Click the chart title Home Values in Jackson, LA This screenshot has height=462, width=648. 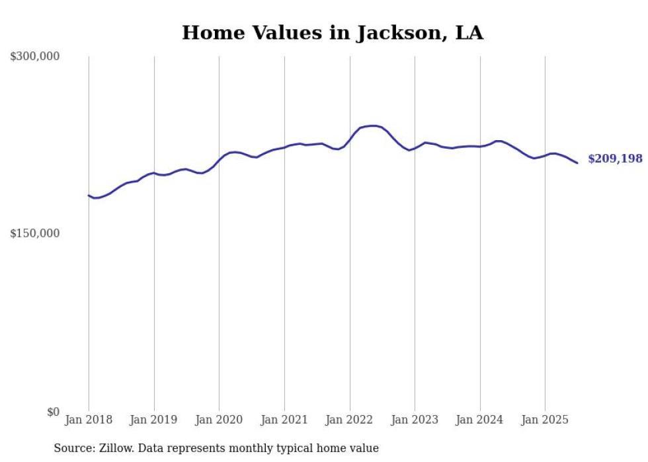click(x=332, y=32)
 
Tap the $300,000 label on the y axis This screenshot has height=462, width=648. click(x=34, y=57)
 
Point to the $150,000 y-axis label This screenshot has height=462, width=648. click(x=34, y=234)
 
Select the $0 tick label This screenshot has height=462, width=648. click(x=53, y=412)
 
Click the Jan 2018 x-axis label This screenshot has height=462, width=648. click(x=89, y=420)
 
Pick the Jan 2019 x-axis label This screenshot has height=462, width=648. click(x=154, y=420)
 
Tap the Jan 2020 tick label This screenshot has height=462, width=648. click(x=220, y=420)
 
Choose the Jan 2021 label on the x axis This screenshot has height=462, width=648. click(x=284, y=420)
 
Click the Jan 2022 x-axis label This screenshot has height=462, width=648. click(x=350, y=420)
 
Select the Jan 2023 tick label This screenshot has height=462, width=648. click(x=415, y=420)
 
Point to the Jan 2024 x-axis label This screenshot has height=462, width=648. click(x=480, y=420)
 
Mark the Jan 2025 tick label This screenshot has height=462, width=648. click(x=545, y=420)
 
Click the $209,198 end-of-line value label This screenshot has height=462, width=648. click(x=615, y=159)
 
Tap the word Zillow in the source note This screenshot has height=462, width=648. click(x=116, y=448)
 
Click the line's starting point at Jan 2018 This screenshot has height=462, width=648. click(x=89, y=195)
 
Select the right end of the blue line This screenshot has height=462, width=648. click(x=577, y=163)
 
